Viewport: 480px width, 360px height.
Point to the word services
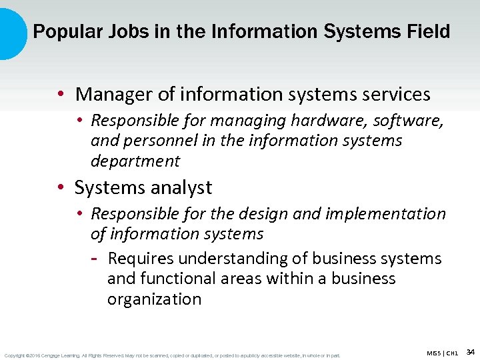[x=393, y=95]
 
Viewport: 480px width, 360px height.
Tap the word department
[x=135, y=161]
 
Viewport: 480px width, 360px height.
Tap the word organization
[x=154, y=299]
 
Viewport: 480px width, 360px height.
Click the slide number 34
[x=470, y=351]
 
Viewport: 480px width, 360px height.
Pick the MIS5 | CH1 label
[x=443, y=353]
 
